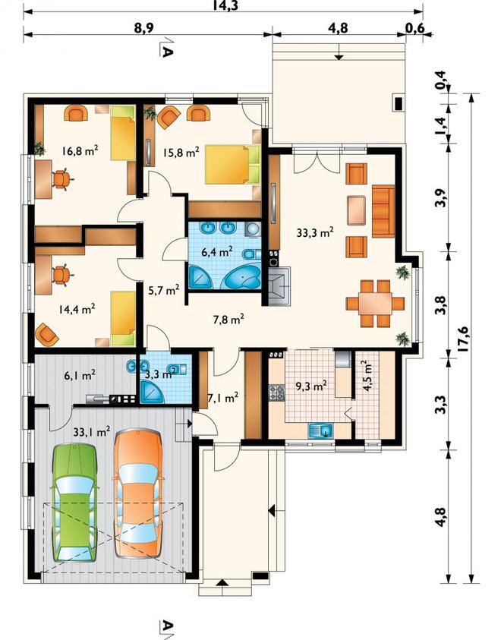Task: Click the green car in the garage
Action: pyautogui.click(x=75, y=503)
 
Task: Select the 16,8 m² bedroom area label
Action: pyautogui.click(x=80, y=151)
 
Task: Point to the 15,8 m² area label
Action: pyautogui.click(x=181, y=153)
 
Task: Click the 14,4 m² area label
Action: pyautogui.click(x=77, y=309)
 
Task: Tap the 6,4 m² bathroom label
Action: pyautogui.click(x=217, y=251)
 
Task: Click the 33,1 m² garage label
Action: pyautogui.click(x=92, y=431)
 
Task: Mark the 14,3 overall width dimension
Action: pyautogui.click(x=225, y=5)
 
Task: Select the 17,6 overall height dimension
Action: pyautogui.click(x=463, y=339)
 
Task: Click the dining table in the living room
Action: pyautogui.click(x=374, y=303)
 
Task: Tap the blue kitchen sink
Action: pyautogui.click(x=321, y=430)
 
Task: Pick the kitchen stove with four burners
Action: pyautogui.click(x=276, y=393)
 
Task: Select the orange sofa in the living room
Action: pyautogui.click(x=383, y=211)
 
